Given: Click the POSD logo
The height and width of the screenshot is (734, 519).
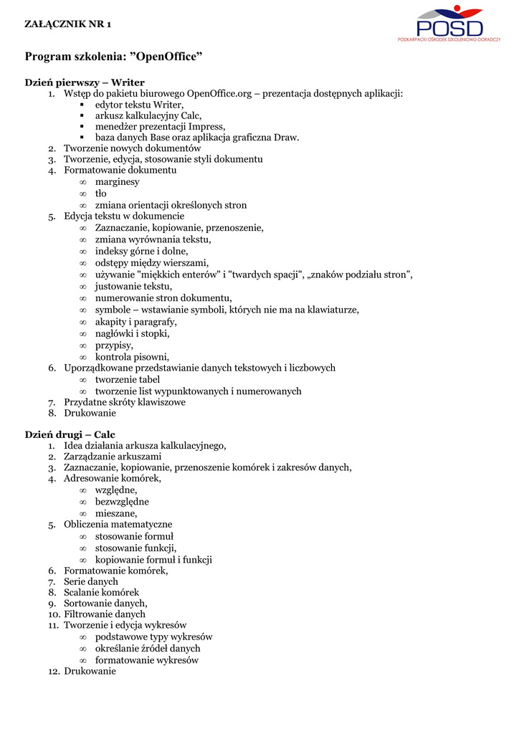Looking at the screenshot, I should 450,24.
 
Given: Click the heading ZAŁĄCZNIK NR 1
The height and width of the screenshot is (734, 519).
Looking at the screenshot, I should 68,24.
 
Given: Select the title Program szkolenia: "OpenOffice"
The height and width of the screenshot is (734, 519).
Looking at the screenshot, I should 114,56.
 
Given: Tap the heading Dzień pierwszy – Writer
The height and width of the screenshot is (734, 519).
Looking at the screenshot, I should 85,82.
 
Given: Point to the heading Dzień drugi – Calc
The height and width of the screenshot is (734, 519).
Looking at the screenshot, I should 70,434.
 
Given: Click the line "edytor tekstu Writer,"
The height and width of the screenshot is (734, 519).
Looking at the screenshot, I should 139,105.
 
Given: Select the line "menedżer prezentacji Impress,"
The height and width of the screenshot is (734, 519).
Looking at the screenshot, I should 160,126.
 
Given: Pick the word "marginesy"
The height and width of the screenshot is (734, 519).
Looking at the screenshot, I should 118,182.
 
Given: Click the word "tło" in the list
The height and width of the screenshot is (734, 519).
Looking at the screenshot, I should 101,194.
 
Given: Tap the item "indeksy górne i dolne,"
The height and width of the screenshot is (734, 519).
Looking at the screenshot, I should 142,251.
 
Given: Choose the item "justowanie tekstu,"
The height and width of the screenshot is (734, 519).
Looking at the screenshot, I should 133,287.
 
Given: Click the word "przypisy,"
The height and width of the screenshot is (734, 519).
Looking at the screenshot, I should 114,345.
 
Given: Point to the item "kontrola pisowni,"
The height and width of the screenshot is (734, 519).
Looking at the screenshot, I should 132,357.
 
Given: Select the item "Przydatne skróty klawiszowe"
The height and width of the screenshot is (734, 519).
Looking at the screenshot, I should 125,402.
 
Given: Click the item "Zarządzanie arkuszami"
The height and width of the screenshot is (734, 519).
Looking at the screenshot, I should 113,456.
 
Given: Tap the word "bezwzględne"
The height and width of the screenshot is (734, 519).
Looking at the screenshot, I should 122,502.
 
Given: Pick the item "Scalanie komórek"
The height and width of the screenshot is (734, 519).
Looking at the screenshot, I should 101,593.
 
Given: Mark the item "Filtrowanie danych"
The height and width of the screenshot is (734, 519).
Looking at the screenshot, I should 105,614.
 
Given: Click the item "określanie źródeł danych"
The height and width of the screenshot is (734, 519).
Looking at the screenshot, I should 148,649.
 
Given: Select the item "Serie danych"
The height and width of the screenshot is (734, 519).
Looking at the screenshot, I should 91,581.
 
